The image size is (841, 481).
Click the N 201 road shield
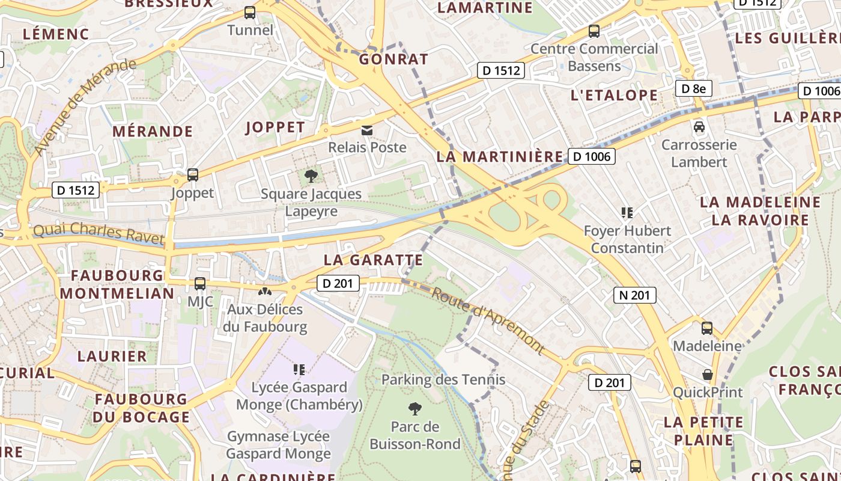(x=634, y=295)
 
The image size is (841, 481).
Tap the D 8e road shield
(x=693, y=89)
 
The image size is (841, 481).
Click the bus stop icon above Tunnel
(x=250, y=12)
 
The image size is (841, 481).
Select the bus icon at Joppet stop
(x=193, y=175)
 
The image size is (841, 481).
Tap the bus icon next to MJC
(x=200, y=284)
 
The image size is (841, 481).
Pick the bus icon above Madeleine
(x=707, y=328)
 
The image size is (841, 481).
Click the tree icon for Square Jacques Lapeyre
(x=311, y=176)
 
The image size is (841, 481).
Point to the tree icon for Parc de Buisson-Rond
(x=414, y=409)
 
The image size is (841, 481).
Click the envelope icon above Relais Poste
(x=366, y=130)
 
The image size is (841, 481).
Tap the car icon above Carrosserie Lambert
(x=699, y=127)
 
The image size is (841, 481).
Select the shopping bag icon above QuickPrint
(x=708, y=375)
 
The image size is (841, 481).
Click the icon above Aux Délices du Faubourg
(x=264, y=292)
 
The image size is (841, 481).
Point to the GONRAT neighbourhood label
(x=393, y=59)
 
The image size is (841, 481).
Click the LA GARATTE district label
(x=373, y=260)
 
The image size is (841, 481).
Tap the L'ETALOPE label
(x=614, y=95)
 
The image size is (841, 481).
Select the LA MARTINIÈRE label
(x=499, y=156)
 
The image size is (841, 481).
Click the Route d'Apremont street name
(x=488, y=321)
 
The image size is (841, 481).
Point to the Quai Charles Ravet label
(x=99, y=233)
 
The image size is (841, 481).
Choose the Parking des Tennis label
(x=443, y=380)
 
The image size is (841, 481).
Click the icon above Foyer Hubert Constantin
(x=627, y=212)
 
